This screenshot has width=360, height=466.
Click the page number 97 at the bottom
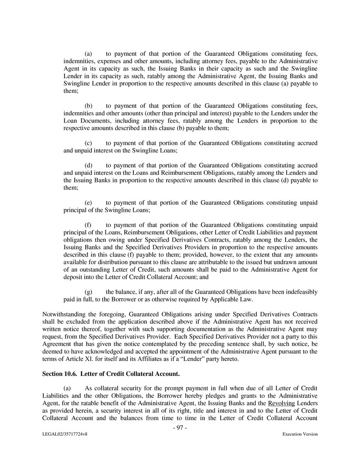(x=180, y=427)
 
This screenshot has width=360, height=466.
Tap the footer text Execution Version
(x=300, y=434)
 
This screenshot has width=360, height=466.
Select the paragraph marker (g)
(x=89, y=292)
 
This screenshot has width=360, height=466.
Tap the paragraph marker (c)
(x=89, y=143)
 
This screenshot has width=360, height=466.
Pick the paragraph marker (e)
(x=89, y=202)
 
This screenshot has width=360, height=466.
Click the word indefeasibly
(x=300, y=292)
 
